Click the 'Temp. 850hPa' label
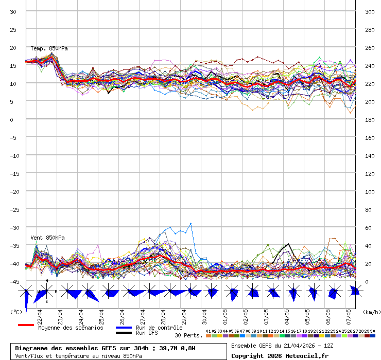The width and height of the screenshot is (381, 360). (x=49, y=48)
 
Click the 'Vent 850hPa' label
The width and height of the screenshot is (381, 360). (x=44, y=238)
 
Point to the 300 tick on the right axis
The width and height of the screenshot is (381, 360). (x=370, y=12)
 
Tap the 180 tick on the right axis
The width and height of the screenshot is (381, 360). (x=370, y=120)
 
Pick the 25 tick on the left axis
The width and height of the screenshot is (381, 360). (x=13, y=30)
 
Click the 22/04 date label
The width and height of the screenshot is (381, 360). (x=40, y=313)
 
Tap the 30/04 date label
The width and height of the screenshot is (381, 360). (x=204, y=313)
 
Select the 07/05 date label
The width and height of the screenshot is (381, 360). (x=349, y=313)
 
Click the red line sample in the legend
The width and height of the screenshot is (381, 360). (x=26, y=325)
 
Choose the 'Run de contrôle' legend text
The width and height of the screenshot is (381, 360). (x=159, y=328)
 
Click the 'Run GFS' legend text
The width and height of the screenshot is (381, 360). (x=147, y=333)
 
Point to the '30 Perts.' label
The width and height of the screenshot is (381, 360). (x=188, y=335)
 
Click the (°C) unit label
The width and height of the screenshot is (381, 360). (x=16, y=312)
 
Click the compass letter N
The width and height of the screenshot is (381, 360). (x=47, y=281)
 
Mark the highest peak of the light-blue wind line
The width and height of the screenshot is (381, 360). (x=190, y=223)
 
